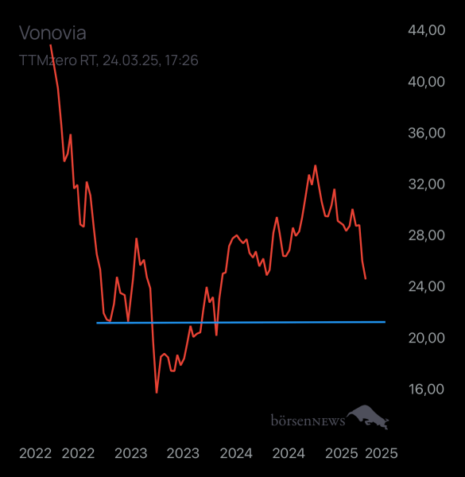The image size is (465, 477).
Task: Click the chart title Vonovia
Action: click(x=52, y=33)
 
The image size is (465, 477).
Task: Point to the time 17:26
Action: click(x=181, y=60)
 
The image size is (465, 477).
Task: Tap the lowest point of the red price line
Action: click(x=157, y=393)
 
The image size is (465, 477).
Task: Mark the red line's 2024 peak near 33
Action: click(x=316, y=165)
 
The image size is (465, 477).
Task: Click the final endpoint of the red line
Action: click(x=366, y=279)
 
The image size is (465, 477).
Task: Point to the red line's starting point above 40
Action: click(x=51, y=45)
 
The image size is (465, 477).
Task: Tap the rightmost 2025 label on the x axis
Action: click(x=381, y=453)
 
